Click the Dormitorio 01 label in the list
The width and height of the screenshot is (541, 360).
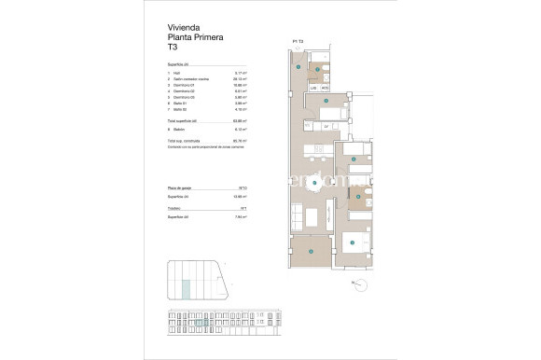coord(186,84)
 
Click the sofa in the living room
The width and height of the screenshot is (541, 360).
coord(297,216)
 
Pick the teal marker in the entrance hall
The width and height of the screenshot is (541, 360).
coord(298,67)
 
